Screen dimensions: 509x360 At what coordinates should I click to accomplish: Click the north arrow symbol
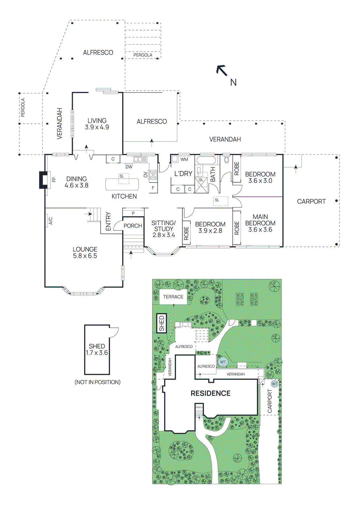click(222, 70)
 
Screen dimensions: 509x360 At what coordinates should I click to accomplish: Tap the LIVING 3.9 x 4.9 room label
click(97, 124)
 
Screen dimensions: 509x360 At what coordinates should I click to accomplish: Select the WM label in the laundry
click(184, 159)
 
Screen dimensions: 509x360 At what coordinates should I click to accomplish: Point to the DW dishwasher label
click(129, 167)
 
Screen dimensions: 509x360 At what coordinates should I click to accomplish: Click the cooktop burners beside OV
click(153, 175)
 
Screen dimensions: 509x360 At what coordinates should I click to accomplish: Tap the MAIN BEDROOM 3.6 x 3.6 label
click(260, 223)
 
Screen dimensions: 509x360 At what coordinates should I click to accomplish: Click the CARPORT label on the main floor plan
click(311, 201)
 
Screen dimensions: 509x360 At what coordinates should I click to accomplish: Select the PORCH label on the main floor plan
click(133, 226)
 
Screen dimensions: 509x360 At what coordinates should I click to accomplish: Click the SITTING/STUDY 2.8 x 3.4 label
click(163, 229)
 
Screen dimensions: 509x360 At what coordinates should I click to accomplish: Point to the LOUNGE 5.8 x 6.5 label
click(85, 252)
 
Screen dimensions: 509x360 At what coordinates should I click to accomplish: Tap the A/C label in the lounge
click(50, 221)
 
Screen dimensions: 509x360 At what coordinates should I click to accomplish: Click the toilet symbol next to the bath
click(226, 159)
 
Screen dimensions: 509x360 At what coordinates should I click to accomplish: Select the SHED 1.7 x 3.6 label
click(97, 349)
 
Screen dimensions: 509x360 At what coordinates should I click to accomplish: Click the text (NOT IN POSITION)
click(97, 382)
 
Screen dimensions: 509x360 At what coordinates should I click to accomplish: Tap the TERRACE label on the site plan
click(173, 297)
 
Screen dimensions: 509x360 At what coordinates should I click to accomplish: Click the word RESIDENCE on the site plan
click(210, 394)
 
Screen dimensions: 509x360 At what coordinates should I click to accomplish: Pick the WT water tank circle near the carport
click(274, 384)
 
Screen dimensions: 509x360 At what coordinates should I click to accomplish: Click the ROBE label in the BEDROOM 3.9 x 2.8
click(186, 233)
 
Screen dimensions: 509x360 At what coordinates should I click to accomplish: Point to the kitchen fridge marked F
click(153, 188)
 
